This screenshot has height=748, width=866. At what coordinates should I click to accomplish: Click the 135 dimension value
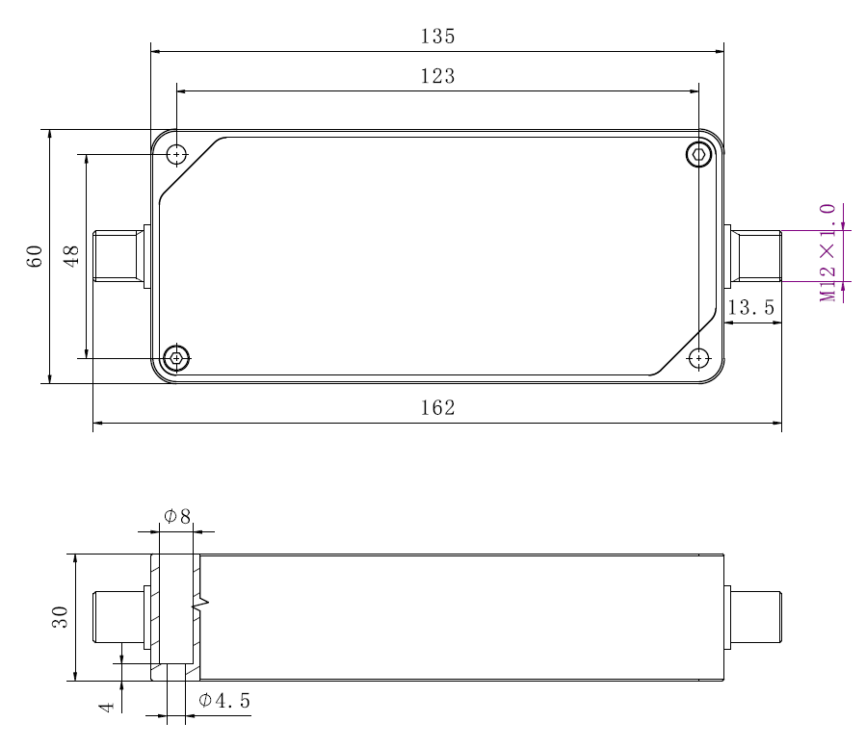pyautogui.click(x=437, y=37)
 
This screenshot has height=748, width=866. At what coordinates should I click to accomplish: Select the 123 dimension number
pyautogui.click(x=437, y=76)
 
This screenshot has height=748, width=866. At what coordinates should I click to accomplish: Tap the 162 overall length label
pyautogui.click(x=437, y=408)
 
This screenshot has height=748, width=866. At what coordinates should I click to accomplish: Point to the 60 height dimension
pyautogui.click(x=35, y=256)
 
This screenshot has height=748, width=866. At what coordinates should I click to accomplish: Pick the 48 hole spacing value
pyautogui.click(x=71, y=256)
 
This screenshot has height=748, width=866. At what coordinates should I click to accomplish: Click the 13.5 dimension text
pyautogui.click(x=750, y=307)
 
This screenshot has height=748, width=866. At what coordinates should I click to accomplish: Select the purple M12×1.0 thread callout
pyautogui.click(x=827, y=253)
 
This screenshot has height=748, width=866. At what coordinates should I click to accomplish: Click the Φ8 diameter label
pyautogui.click(x=177, y=517)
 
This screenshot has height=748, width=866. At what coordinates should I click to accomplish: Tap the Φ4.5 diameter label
pyautogui.click(x=224, y=701)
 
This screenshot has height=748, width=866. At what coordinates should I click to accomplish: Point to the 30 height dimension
pyautogui.click(x=60, y=617)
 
